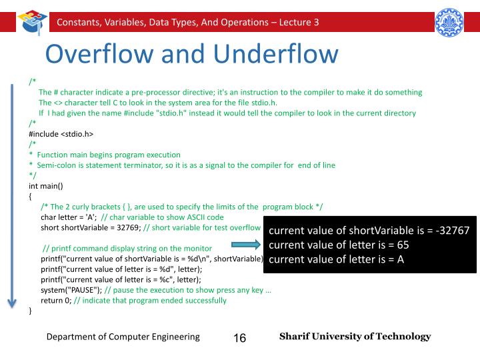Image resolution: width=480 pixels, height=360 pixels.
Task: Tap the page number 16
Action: point(240,338)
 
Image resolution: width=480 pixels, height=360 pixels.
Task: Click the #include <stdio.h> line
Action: point(61,133)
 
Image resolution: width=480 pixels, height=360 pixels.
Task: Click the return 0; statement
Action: point(55,300)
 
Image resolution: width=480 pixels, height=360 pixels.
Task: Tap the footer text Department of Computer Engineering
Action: point(123,337)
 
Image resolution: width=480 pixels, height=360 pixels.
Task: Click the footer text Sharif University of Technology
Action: point(355,337)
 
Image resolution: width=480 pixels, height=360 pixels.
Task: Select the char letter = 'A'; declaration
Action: point(69,217)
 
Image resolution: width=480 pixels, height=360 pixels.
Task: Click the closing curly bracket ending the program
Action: point(31,310)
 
